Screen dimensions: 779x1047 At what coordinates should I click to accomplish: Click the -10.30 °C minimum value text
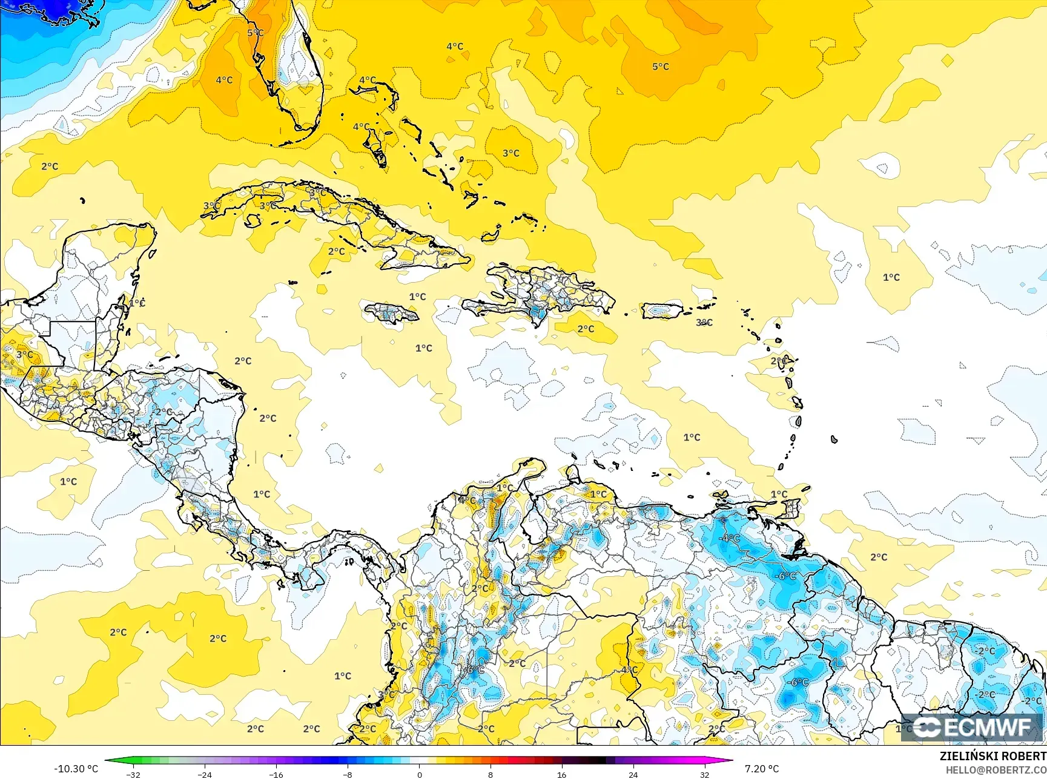click(76, 769)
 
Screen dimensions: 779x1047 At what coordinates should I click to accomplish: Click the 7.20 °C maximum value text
click(762, 769)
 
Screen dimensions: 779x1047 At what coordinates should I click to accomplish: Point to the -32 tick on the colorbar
click(134, 774)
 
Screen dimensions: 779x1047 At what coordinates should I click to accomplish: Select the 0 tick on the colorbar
click(419, 774)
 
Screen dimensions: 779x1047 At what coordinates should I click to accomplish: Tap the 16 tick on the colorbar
click(561, 774)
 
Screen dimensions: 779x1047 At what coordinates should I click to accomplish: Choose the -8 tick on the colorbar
click(348, 774)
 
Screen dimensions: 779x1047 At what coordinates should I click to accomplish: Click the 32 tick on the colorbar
click(704, 774)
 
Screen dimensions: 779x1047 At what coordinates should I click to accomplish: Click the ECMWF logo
click(971, 727)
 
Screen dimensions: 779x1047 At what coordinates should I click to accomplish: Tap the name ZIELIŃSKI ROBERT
click(993, 756)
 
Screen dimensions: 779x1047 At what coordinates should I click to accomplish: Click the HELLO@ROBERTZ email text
click(996, 770)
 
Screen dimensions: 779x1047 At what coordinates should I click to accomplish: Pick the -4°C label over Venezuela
click(729, 538)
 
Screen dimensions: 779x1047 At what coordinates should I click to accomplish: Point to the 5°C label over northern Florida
click(255, 33)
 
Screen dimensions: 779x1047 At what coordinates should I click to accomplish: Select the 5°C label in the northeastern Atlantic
click(661, 67)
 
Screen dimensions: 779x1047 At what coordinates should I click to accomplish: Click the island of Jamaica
click(391, 313)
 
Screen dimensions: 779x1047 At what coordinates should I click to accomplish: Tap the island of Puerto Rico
click(662, 311)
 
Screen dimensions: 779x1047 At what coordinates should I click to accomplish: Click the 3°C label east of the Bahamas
click(511, 153)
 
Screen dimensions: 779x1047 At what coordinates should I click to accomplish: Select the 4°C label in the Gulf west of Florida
click(224, 80)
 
